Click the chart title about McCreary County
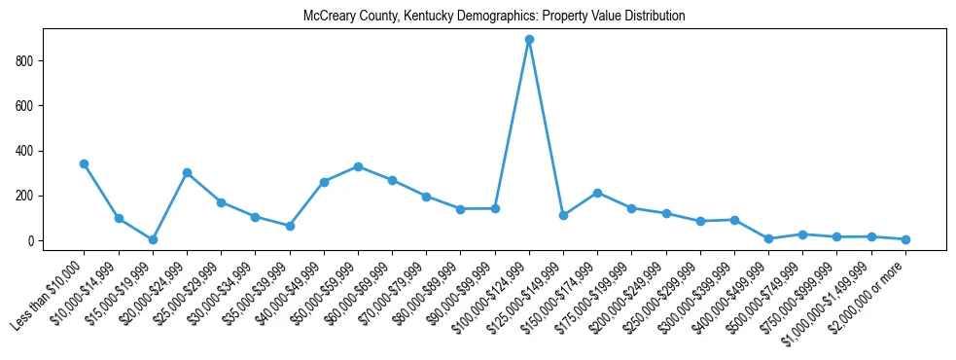coord(494,16)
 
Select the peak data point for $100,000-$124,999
coord(529,40)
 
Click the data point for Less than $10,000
coord(85,163)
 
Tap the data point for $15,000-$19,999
coord(153,239)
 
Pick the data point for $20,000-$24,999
coord(187,172)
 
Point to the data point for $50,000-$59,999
coord(358,166)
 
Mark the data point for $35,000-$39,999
coord(290,226)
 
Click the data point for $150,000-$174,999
coord(597,193)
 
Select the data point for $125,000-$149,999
coord(563,215)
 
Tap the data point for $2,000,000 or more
coord(905,239)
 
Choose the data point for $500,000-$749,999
coord(802,234)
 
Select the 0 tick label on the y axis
coord(31,241)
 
